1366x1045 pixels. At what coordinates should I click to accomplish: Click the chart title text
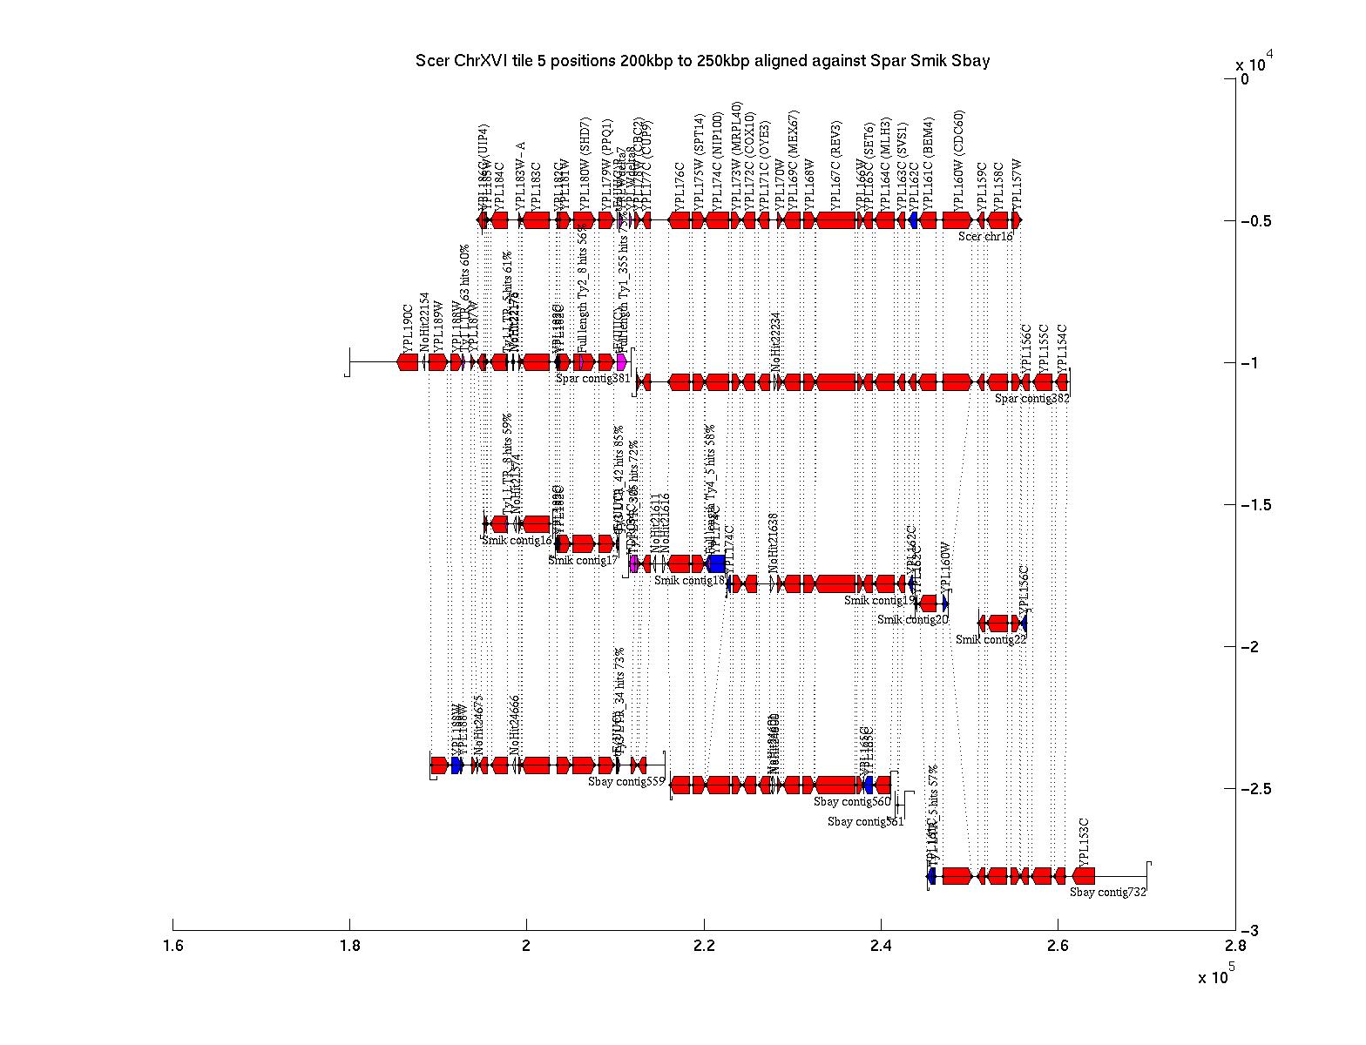click(702, 61)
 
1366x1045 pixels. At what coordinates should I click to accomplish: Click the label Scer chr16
click(985, 236)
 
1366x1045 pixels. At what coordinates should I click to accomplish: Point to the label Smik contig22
click(991, 639)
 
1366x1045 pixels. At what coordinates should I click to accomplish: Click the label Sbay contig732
click(1108, 892)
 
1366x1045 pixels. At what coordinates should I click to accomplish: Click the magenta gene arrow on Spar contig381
click(621, 361)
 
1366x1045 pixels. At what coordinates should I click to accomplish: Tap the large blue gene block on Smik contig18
click(717, 563)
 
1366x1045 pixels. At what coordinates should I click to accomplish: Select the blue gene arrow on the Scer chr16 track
click(913, 220)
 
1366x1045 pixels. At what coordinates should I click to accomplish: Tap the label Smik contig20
click(912, 619)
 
